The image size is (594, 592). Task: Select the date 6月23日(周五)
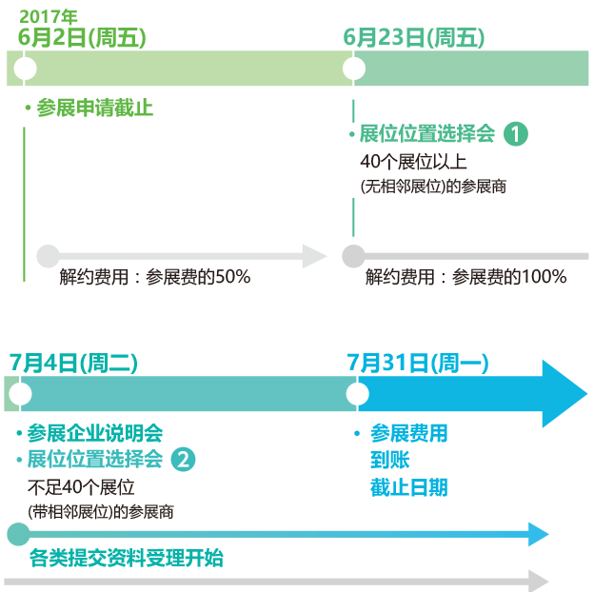[414, 38]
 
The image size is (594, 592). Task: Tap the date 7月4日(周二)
[73, 364]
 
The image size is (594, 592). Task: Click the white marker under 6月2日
[26, 69]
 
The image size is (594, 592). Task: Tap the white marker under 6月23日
[354, 69]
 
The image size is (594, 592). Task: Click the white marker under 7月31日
[358, 393]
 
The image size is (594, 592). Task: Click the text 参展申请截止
[94, 109]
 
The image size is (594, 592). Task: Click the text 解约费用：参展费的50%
[154, 278]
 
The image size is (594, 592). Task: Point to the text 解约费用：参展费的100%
[465, 278]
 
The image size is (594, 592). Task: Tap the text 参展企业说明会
[94, 434]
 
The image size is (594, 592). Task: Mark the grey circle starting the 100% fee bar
[352, 255]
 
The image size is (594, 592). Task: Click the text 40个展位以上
[413, 161]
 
